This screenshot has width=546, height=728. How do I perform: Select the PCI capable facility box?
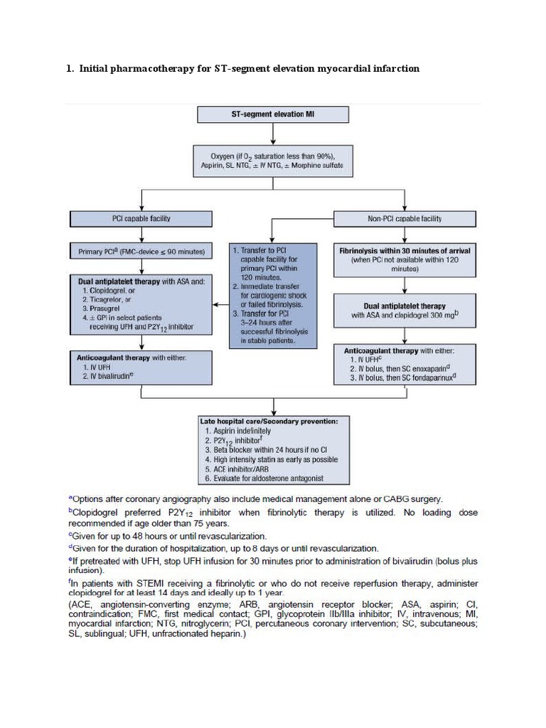click(x=141, y=218)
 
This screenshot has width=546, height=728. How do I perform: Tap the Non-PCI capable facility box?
click(x=405, y=218)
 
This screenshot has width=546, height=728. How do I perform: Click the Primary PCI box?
click(x=141, y=251)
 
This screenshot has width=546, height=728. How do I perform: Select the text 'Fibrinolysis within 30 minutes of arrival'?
click(x=405, y=251)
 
